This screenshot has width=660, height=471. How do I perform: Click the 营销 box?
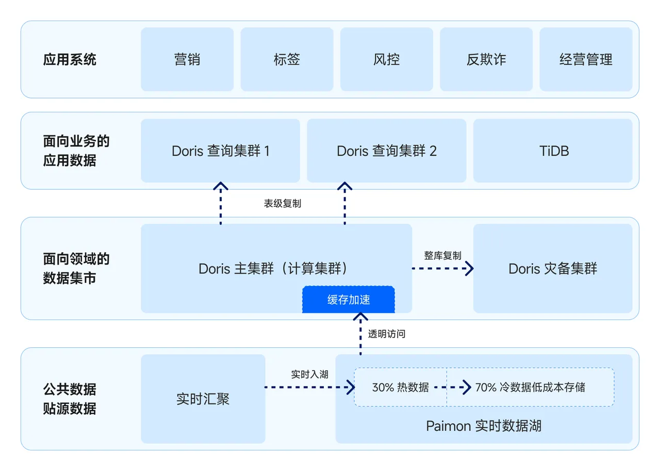click(x=187, y=59)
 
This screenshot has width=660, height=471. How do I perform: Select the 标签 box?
click(x=287, y=59)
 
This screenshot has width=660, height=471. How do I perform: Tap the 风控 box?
click(x=386, y=59)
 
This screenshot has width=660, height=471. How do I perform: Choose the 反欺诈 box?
click(x=486, y=59)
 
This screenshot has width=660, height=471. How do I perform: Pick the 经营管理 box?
click(x=586, y=59)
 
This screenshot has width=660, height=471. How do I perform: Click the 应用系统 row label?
click(x=70, y=59)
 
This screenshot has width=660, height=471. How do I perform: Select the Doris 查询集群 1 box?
click(x=220, y=150)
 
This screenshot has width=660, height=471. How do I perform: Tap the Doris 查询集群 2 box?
click(x=386, y=150)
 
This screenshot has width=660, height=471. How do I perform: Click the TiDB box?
click(x=553, y=150)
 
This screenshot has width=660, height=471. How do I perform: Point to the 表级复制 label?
click(x=283, y=204)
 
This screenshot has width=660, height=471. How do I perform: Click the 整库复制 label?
click(x=442, y=256)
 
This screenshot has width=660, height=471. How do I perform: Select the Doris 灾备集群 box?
click(x=553, y=268)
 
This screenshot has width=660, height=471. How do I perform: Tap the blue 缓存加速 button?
click(x=349, y=300)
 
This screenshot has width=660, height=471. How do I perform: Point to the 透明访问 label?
click(x=387, y=334)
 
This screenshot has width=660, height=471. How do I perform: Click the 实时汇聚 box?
click(x=203, y=398)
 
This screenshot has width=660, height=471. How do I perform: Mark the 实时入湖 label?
click(x=309, y=375)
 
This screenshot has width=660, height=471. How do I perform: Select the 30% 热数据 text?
click(x=400, y=387)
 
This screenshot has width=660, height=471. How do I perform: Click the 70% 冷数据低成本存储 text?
click(x=530, y=387)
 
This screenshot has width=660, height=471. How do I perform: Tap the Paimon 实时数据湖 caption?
click(x=484, y=426)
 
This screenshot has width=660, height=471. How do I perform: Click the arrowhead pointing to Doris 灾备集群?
click(x=469, y=268)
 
